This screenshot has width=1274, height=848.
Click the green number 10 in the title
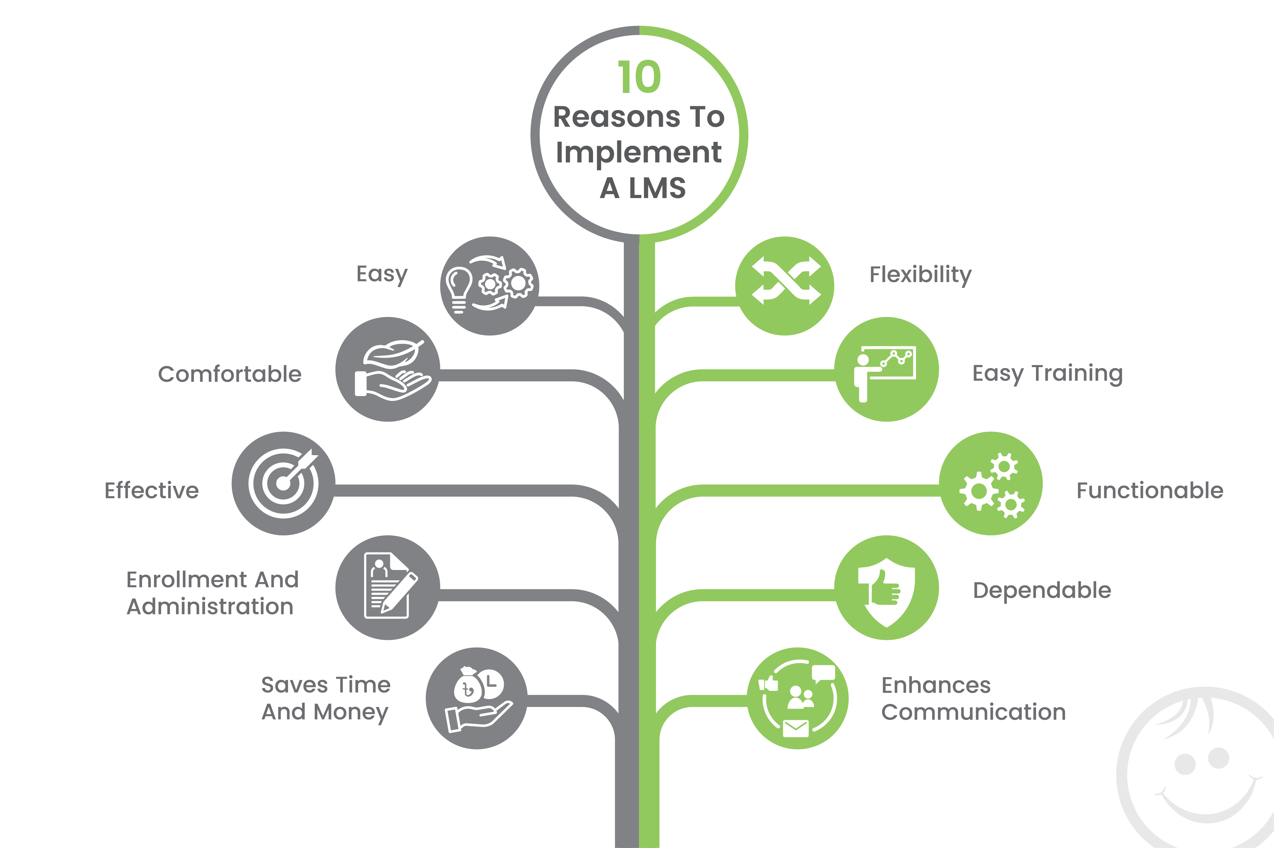pyautogui.click(x=639, y=77)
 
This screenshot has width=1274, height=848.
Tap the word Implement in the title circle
pyautogui.click(x=639, y=152)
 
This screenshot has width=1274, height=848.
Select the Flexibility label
pyautogui.click(x=920, y=275)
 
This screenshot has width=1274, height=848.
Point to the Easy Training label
pyautogui.click(x=1047, y=374)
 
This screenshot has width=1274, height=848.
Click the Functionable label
pyautogui.click(x=1149, y=491)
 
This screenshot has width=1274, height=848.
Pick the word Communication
pyautogui.click(x=973, y=712)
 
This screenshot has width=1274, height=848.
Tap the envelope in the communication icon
pyautogui.click(x=796, y=728)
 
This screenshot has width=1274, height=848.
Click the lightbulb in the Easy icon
pyautogui.click(x=458, y=287)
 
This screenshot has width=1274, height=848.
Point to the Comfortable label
pyautogui.click(x=230, y=374)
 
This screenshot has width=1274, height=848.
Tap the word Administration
pyautogui.click(x=210, y=607)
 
